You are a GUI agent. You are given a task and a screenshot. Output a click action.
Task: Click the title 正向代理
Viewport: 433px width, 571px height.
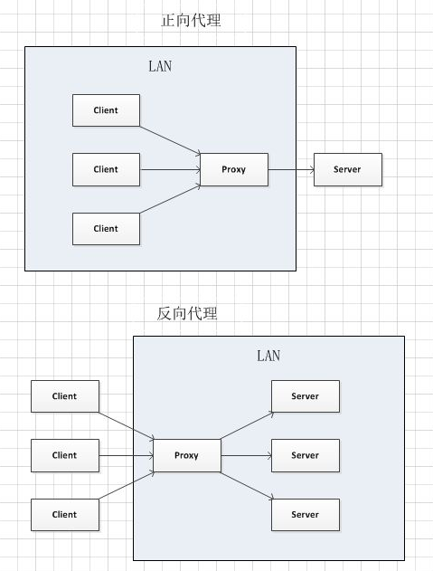191,21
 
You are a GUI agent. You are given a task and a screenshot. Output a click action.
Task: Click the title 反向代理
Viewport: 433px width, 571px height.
187,313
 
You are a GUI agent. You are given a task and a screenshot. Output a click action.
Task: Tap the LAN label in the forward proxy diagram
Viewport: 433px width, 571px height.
160,66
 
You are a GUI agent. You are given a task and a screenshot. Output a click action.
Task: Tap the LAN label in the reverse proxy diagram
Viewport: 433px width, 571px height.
268,356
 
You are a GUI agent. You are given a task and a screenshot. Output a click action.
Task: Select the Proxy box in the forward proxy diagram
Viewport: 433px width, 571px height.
234,170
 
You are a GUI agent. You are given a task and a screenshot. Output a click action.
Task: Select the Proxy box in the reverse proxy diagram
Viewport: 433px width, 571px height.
186,455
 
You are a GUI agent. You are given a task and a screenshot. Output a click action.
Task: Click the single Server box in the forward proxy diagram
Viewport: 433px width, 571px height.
348,170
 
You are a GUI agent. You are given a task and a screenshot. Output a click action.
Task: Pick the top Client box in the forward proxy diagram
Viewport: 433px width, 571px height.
106,110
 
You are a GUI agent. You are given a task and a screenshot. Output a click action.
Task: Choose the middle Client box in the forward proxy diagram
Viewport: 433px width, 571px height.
106,170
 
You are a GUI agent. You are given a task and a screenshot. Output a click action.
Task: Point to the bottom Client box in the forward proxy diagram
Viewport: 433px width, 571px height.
106,229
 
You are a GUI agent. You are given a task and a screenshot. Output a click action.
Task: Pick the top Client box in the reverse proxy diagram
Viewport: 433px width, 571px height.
65,396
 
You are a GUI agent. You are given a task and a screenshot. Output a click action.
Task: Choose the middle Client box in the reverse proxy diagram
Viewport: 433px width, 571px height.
65,455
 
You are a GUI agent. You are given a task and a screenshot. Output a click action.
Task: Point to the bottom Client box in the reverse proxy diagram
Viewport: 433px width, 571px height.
65,515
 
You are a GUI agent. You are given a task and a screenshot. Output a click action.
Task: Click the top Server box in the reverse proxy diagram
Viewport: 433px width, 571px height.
306,396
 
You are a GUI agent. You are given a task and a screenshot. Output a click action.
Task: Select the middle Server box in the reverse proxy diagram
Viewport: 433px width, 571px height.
306,455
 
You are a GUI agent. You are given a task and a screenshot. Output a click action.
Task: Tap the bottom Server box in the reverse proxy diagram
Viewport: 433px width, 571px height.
306,515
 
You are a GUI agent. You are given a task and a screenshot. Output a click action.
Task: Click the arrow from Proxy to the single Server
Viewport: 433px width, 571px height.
291,170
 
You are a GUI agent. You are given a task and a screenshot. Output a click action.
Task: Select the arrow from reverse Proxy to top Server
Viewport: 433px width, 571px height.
247,425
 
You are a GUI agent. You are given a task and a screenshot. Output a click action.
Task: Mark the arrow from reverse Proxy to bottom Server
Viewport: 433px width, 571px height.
247,486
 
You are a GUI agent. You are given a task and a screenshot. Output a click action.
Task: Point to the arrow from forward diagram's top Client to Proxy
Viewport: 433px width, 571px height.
170,140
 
